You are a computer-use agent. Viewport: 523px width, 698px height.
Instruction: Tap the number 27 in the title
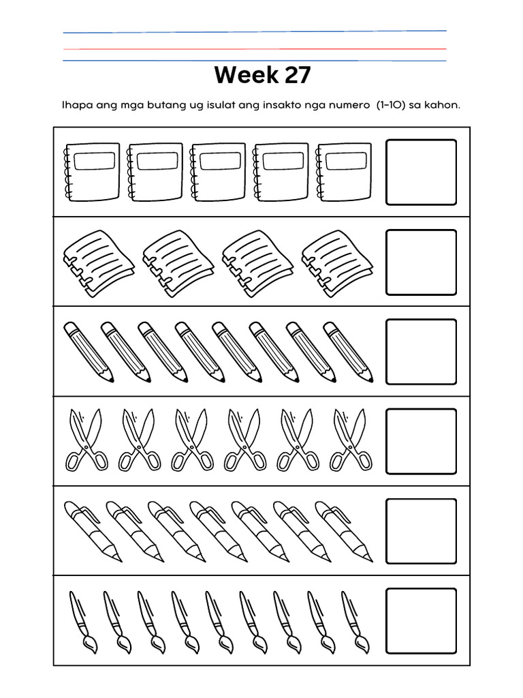point(298,75)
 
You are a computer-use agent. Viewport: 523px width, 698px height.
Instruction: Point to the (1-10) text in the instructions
point(390,106)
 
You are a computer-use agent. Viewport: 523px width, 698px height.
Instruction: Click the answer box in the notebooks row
point(421,172)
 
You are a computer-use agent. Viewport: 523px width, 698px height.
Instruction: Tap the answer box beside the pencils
point(421,351)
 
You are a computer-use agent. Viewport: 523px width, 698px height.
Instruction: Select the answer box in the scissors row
point(421,441)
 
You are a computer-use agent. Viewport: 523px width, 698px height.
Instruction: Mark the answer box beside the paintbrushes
point(421,620)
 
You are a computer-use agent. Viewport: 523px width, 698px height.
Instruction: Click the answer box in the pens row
point(421,531)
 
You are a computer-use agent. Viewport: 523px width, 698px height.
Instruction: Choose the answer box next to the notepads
point(421,262)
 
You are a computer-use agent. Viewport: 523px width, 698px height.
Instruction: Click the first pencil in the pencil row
point(88,351)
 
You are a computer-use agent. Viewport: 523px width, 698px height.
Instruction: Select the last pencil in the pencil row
point(347,351)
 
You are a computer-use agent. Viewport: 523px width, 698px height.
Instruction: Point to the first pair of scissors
point(86,440)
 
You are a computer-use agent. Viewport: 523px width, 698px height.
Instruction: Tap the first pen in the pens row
point(93,531)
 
